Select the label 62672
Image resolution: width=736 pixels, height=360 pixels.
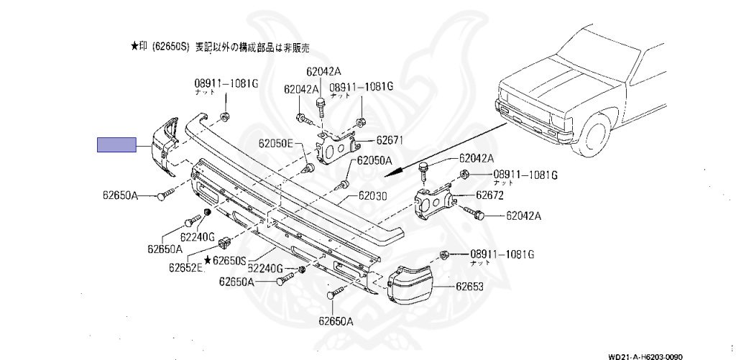(489, 195)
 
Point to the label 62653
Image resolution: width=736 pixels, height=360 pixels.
(469, 286)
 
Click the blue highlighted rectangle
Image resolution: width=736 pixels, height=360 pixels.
(116, 145)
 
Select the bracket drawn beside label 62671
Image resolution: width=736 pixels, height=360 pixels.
(335, 148)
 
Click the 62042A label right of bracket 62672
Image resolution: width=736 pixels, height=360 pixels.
(523, 215)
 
